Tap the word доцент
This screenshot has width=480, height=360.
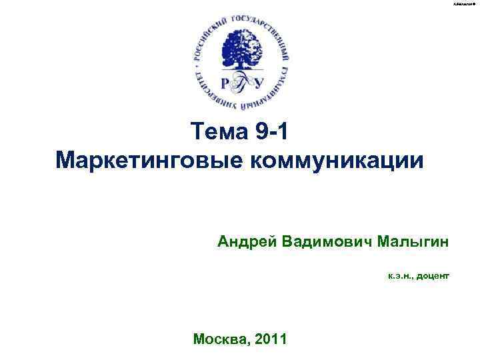coord(435,275)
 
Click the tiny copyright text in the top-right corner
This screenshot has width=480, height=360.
coord(465,4)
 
